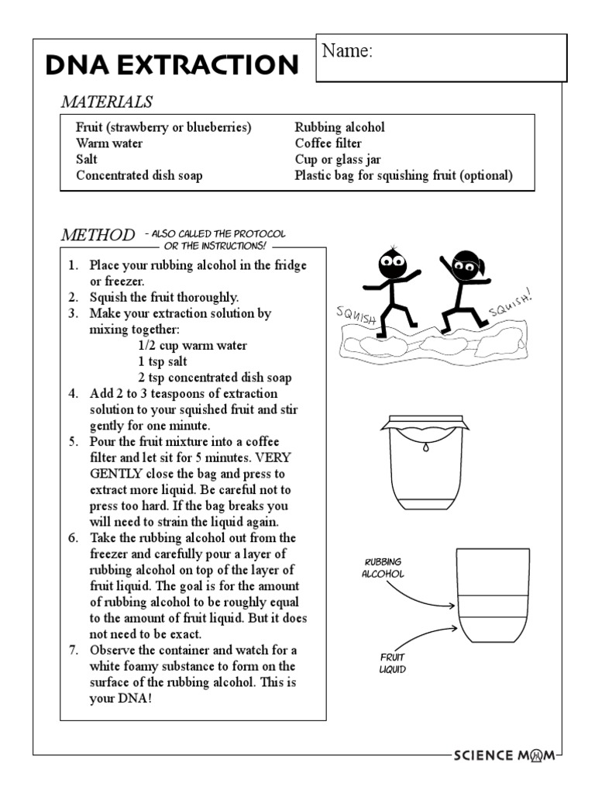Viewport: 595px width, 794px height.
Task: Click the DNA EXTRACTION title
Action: pos(172,65)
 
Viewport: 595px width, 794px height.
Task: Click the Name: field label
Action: pos(347,52)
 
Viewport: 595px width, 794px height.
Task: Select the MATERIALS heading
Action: pos(107,102)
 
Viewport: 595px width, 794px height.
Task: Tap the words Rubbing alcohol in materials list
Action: pos(339,127)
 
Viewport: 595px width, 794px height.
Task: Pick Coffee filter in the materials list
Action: pos(328,143)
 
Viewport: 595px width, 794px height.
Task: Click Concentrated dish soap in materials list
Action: pos(139,175)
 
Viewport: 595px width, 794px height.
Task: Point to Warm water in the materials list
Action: pos(109,143)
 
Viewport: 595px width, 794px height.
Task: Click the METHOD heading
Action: pos(98,235)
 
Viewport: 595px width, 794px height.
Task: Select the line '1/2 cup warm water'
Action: pos(193,346)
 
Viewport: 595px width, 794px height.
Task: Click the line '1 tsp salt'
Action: pos(163,362)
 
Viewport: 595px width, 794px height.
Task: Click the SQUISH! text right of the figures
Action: pos(512,305)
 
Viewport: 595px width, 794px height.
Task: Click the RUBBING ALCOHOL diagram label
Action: pos(382,568)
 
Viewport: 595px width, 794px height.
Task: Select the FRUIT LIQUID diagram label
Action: pos(392,663)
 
